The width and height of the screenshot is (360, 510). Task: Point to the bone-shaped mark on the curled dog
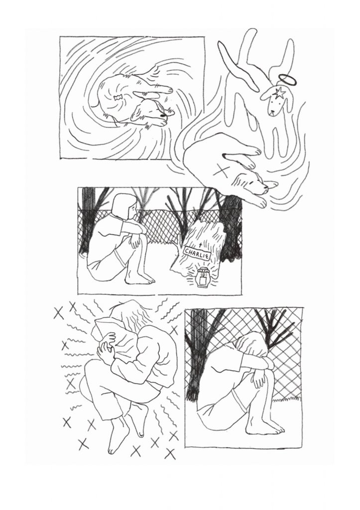(x=118, y=97)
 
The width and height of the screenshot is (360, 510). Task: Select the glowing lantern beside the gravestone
(x=203, y=277)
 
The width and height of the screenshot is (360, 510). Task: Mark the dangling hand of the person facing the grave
(x=135, y=241)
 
